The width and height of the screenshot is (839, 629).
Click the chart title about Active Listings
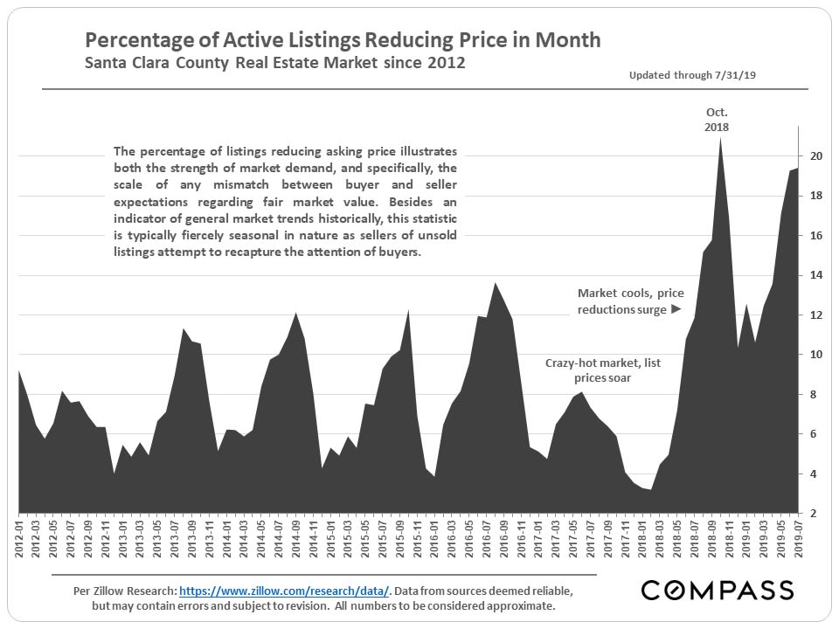pyautogui.click(x=342, y=40)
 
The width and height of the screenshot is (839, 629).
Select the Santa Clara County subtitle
pyautogui.click(x=274, y=64)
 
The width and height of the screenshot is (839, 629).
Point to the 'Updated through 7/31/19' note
pyautogui.click(x=692, y=76)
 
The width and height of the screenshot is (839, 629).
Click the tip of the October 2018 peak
pyautogui.click(x=719, y=138)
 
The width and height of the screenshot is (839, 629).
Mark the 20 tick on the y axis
pyautogui.click(x=815, y=156)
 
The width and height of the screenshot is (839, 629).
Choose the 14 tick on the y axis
pyautogui.click(x=815, y=275)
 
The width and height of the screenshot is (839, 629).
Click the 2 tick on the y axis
pyautogui.click(x=815, y=513)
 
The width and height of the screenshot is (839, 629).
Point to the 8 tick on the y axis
pyautogui.click(x=815, y=394)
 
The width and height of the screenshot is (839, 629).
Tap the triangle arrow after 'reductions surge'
pyautogui.click(x=675, y=309)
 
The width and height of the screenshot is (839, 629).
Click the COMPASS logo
pyautogui.click(x=718, y=590)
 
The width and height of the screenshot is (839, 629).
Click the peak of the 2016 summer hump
pyautogui.click(x=496, y=283)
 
